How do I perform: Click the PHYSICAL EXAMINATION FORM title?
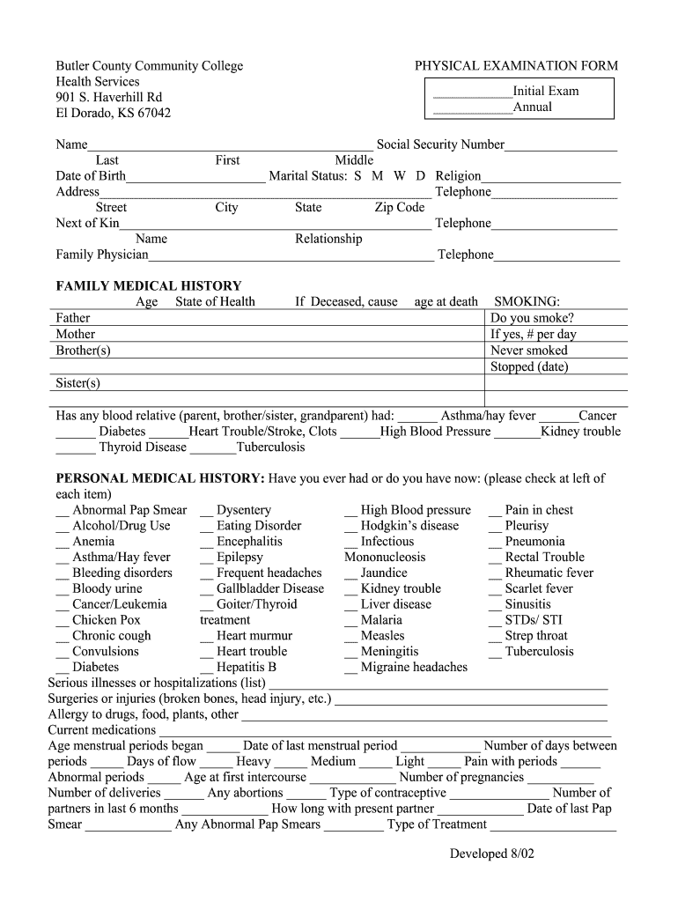[516, 66]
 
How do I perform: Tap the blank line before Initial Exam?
[473, 92]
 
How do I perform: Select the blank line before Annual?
[473, 109]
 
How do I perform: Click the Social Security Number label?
[440, 144]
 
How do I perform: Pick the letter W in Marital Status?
[399, 176]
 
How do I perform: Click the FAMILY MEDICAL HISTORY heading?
[148, 286]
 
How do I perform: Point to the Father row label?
[73, 318]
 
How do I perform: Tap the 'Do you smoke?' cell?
[532, 318]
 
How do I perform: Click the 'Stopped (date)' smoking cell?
[528, 366]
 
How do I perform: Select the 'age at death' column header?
[446, 302]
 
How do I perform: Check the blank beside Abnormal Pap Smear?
[62, 512]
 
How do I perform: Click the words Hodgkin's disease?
[409, 526]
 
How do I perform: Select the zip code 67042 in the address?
[151, 113]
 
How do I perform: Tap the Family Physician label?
[102, 255]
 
